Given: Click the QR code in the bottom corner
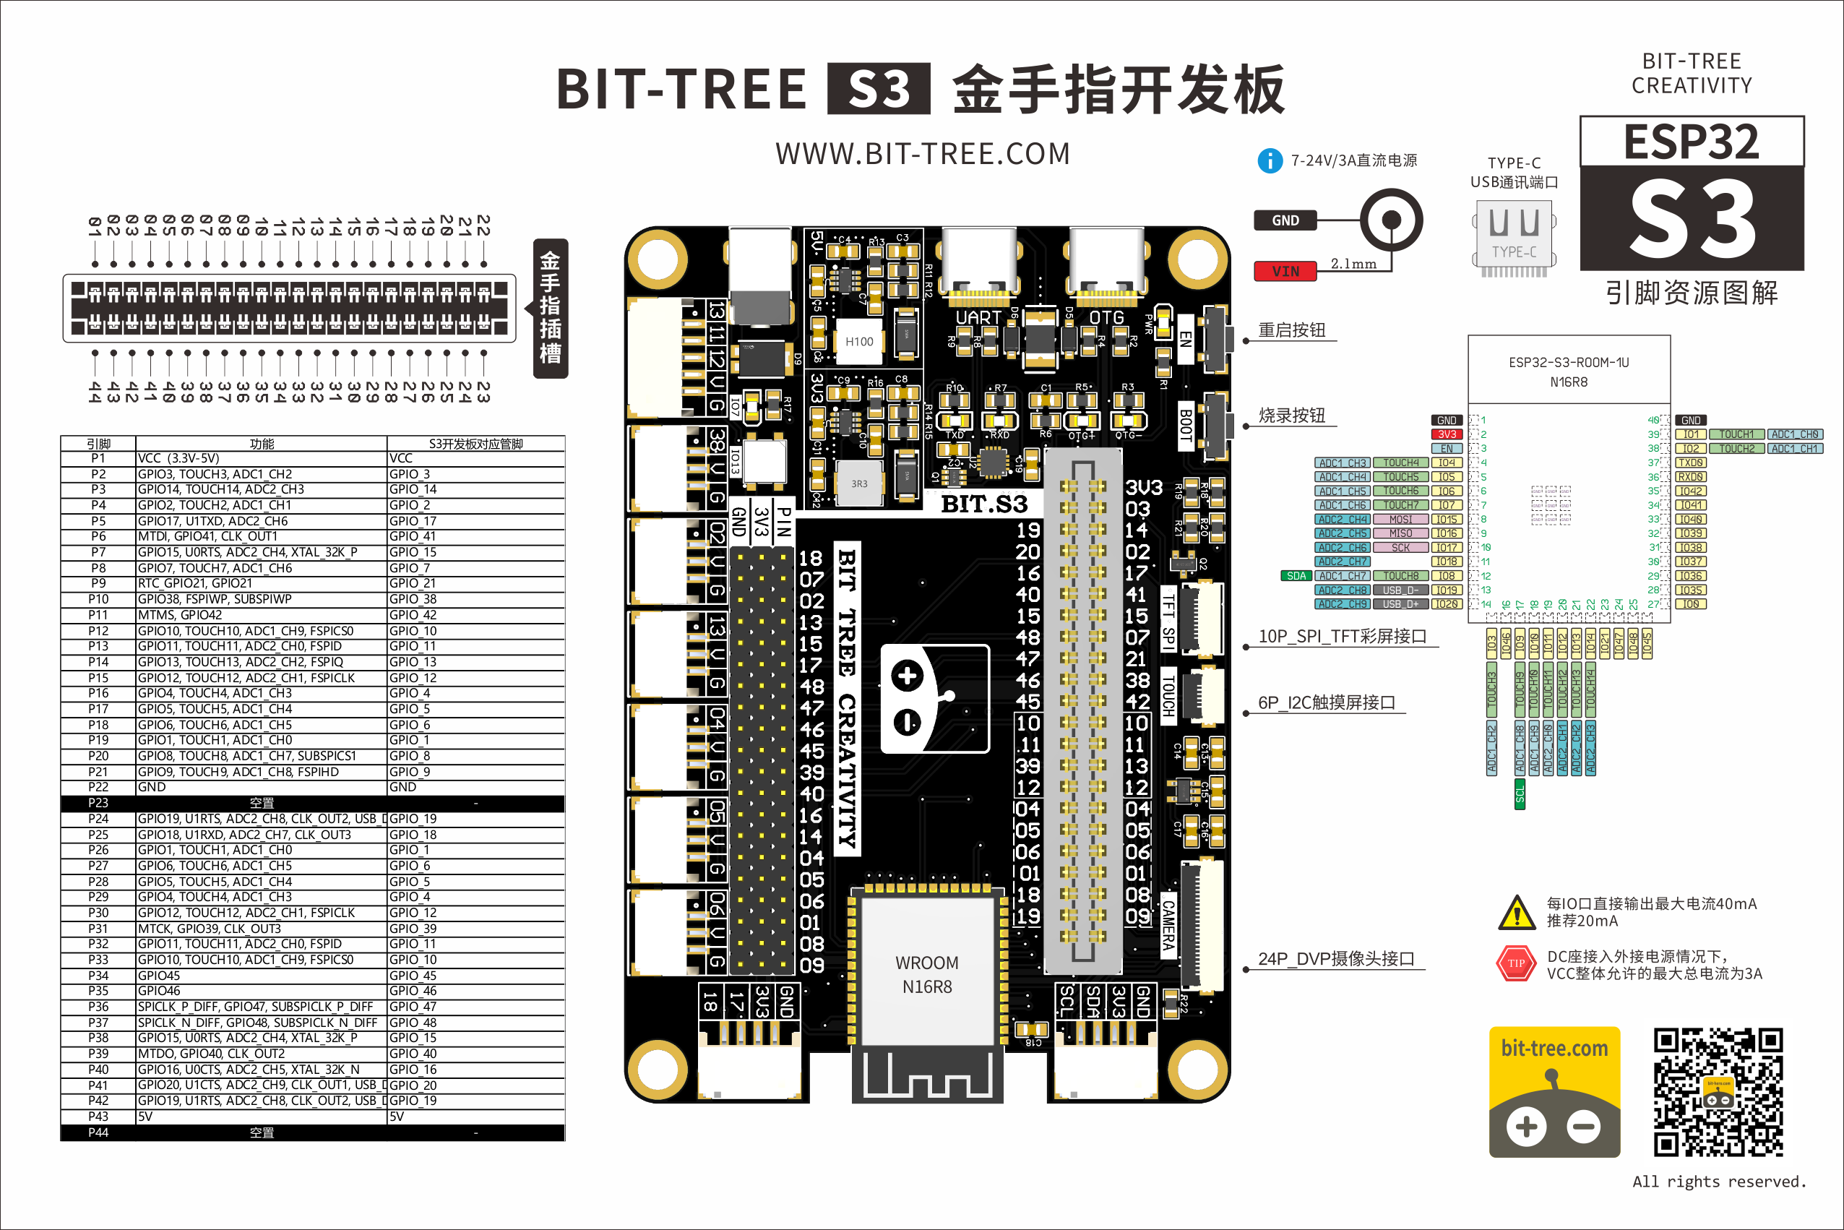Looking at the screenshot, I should tap(1718, 1092).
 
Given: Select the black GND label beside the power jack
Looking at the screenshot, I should tap(1285, 220).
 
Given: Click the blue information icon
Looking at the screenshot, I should tap(1270, 161).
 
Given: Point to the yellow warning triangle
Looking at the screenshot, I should tap(1516, 912).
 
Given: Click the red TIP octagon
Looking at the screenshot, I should tap(1516, 964).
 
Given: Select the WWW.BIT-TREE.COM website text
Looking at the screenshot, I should tap(923, 154).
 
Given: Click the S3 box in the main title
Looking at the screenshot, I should tap(879, 89).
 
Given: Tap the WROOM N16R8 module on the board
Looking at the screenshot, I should tap(927, 975).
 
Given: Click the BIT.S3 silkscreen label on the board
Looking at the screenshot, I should tap(983, 504).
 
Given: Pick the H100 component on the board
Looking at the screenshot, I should tap(859, 341).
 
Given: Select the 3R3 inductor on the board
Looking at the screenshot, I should tap(859, 484).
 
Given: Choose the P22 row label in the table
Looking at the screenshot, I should tap(98, 787).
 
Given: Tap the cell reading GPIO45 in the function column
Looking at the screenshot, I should tap(159, 975).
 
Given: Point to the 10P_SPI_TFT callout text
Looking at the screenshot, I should tap(1342, 636).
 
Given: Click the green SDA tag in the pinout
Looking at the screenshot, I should tap(1296, 576).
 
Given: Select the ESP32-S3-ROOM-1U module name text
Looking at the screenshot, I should tap(1569, 362).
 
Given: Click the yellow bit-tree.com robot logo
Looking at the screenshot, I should tap(1554, 1092).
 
